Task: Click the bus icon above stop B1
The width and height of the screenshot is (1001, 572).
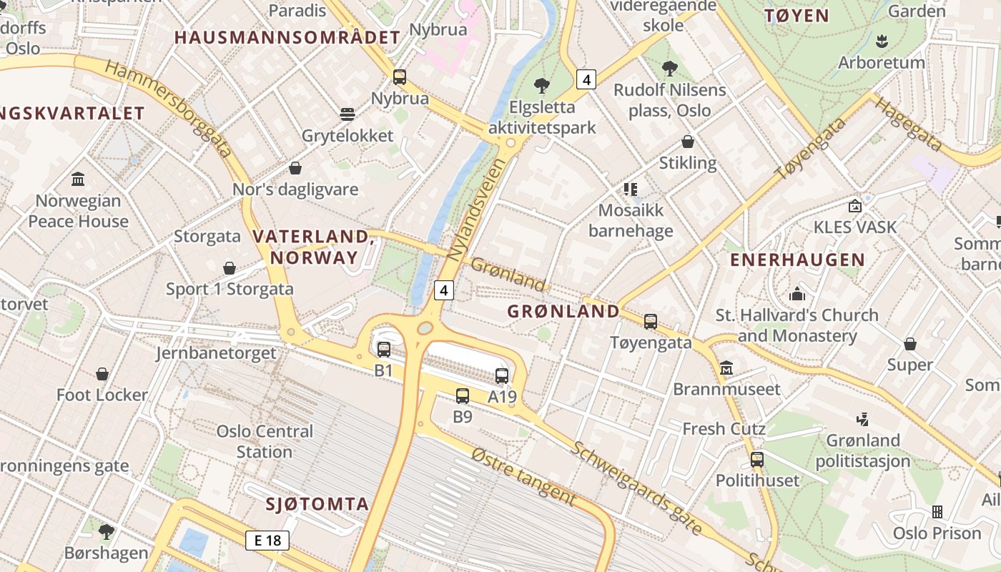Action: point(384,350)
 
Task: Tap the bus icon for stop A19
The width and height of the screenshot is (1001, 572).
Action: point(502,376)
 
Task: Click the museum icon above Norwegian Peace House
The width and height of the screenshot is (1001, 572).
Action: point(79,179)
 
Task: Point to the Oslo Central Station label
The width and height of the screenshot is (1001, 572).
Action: point(265,441)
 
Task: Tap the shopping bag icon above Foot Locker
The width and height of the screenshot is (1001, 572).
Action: point(102,374)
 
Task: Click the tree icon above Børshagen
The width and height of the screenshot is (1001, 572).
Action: point(107,531)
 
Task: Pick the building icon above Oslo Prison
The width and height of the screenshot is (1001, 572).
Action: point(937,512)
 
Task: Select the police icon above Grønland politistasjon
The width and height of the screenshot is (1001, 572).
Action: point(863,419)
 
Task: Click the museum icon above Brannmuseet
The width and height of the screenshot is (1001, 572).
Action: point(726,368)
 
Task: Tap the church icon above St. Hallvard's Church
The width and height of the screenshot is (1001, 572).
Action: point(797,294)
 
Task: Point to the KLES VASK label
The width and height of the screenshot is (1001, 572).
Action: point(855,227)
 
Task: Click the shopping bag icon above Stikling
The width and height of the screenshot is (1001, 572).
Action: point(688,142)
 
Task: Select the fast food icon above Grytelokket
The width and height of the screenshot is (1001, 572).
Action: point(347,114)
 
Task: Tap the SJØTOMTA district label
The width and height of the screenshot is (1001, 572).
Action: point(317,504)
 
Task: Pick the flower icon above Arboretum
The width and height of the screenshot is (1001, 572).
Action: point(882,41)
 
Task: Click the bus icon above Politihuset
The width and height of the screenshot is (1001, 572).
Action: point(757,460)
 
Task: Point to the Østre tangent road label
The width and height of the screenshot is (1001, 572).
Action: point(524,475)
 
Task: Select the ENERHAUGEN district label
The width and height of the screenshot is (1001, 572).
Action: point(797,260)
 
